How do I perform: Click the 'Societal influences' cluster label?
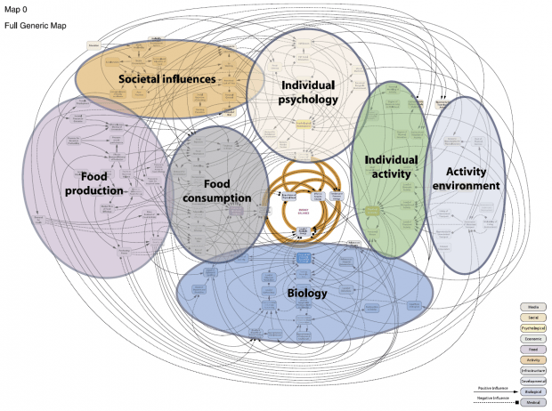click(167, 78)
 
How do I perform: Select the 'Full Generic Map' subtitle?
click(31, 26)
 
